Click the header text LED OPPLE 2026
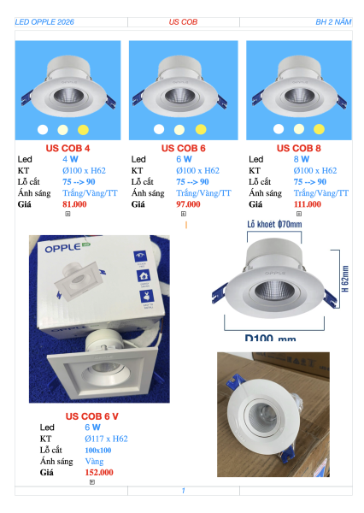[x=44, y=22]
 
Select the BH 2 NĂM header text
[x=333, y=22]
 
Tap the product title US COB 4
[x=68, y=148]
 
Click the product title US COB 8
[x=298, y=148]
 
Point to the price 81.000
[x=74, y=204]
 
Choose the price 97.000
[x=188, y=204]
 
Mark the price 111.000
[x=308, y=204]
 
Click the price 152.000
[x=99, y=473]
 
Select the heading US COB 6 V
[x=92, y=416]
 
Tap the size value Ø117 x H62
[x=106, y=439]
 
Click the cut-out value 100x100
[x=98, y=451]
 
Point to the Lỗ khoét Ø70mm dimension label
[x=274, y=224]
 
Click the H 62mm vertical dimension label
[x=345, y=279]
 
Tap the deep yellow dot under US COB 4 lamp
[x=83, y=130]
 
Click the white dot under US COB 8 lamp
[x=279, y=129]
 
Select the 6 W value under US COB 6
[x=184, y=159]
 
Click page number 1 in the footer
[x=184, y=491]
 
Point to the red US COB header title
[x=183, y=22]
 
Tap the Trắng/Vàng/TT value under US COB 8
[x=321, y=193]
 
